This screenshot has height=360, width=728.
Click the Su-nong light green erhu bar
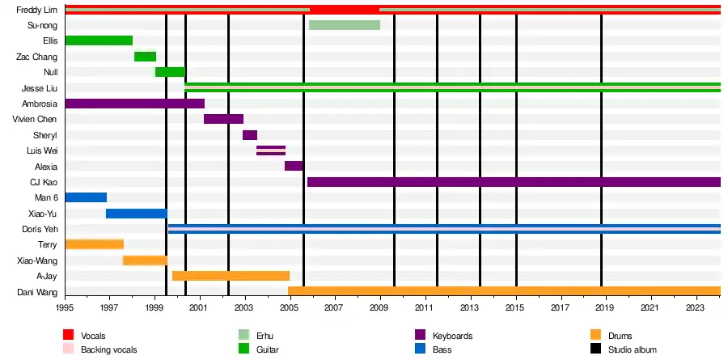[x=344, y=25]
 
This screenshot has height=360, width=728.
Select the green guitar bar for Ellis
[x=98, y=40]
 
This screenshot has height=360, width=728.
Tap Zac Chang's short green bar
[x=145, y=57]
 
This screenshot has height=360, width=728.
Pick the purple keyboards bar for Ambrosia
[x=134, y=104]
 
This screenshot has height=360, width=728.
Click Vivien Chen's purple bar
[x=223, y=119]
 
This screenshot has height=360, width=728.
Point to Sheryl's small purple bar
[x=250, y=135]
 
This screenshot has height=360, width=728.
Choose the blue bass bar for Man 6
[x=86, y=197]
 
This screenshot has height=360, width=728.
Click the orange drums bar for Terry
[x=94, y=244]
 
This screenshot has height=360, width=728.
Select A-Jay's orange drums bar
[x=231, y=276]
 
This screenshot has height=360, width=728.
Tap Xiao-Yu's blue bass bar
[x=136, y=214]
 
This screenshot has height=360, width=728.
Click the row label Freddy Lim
[x=36, y=10]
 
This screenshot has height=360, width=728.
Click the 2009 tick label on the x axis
[x=379, y=308]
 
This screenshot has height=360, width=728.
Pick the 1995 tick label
[x=65, y=308]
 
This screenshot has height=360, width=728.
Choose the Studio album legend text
[x=632, y=349]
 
